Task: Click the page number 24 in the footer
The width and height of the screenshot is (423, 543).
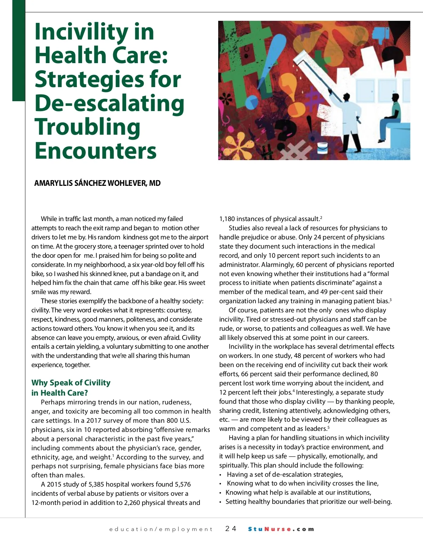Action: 231,529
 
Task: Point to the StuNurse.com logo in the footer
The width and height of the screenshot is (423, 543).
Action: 281,529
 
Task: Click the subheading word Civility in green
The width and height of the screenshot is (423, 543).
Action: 97,383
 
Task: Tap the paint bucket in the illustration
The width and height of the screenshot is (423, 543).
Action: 322,148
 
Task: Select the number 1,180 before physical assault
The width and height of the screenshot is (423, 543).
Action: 227,219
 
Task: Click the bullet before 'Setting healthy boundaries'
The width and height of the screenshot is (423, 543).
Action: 221,502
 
